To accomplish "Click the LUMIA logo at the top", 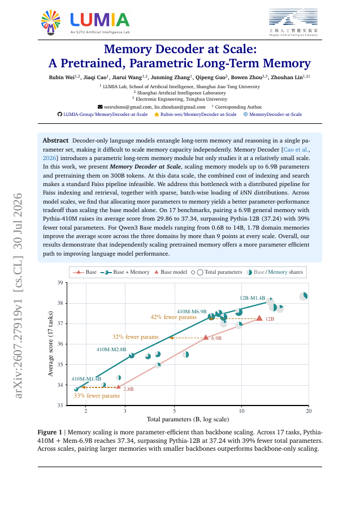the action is click(85, 22).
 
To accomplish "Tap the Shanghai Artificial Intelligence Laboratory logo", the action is click(293, 22).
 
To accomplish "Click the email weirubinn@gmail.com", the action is click(125, 107).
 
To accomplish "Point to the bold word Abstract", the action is click(55, 141).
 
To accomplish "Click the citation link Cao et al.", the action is click(296, 150).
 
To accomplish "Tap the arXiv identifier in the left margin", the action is click(18, 295).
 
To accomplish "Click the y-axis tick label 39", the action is click(60, 283).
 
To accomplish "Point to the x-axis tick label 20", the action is click(309, 411).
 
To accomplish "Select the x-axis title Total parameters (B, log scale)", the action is click(188, 420).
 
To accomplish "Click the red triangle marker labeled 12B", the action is click(259, 318).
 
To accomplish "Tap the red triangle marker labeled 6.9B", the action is click(206, 338).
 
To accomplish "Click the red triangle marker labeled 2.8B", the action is click(118, 387).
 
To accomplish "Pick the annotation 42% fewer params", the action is click(174, 317).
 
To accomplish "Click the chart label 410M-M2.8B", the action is click(111, 350).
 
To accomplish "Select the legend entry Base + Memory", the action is click(125, 272).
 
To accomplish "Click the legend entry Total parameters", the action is click(216, 272).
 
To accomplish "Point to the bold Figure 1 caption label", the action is click(50, 433).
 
